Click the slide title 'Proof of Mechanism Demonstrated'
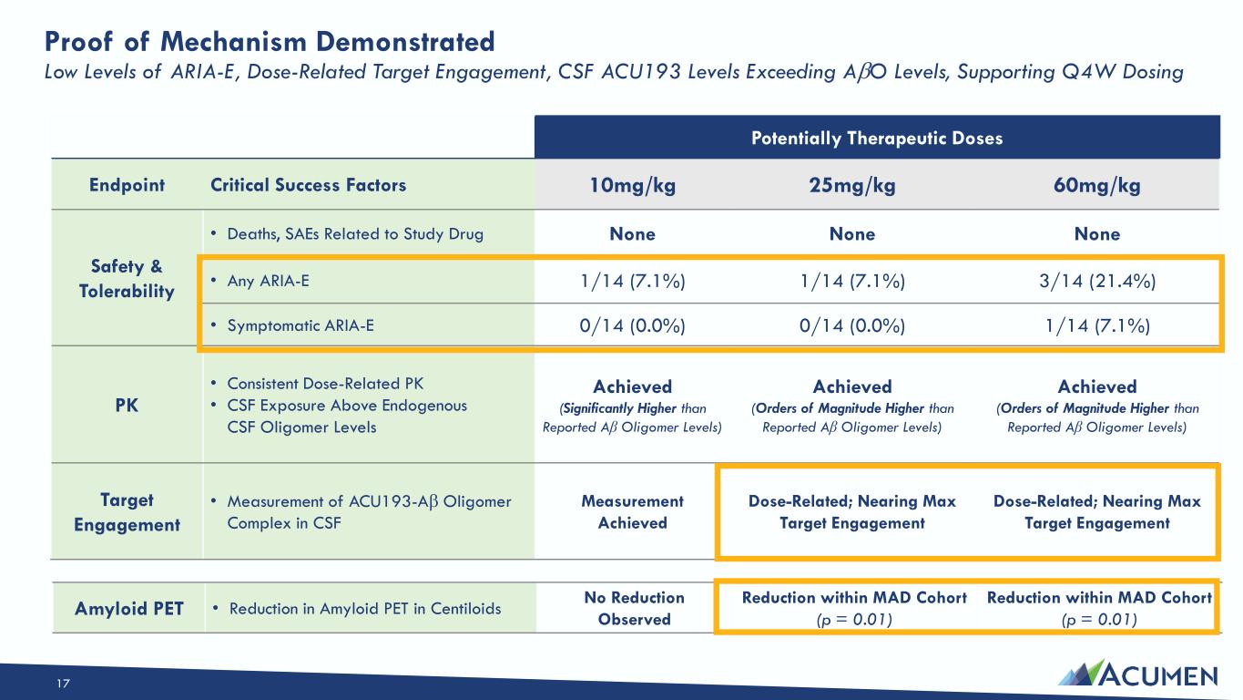270,42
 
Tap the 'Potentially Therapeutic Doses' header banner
877,138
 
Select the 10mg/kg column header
632,185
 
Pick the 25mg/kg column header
852,185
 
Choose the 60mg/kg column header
1097,185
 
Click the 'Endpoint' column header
127,185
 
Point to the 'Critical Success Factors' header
308,185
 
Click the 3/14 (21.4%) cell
1097,281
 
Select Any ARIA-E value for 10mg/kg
632,281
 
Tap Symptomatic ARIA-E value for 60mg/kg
1097,325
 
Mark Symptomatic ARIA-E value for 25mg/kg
852,325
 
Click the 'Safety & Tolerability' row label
127,278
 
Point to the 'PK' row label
127,406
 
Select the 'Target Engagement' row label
127,512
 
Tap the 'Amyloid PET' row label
129,609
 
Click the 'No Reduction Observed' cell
635,608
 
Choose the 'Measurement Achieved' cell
632,511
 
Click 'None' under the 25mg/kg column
852,234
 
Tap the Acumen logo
1137,674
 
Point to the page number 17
63,684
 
